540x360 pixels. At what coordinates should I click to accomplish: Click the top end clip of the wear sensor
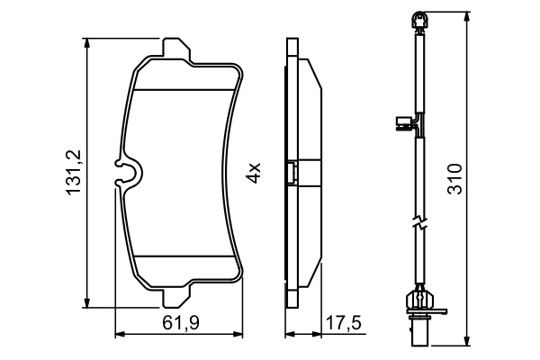coord(418,19)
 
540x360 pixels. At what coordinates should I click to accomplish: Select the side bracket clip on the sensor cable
coord(405,124)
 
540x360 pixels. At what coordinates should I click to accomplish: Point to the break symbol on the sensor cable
coord(418,225)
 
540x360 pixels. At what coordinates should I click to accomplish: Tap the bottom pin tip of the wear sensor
coord(418,337)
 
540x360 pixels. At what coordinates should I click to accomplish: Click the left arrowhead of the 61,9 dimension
coord(119,335)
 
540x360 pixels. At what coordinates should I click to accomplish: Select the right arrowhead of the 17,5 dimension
coord(320,335)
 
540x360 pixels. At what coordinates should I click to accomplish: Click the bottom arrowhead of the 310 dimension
coord(467,339)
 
